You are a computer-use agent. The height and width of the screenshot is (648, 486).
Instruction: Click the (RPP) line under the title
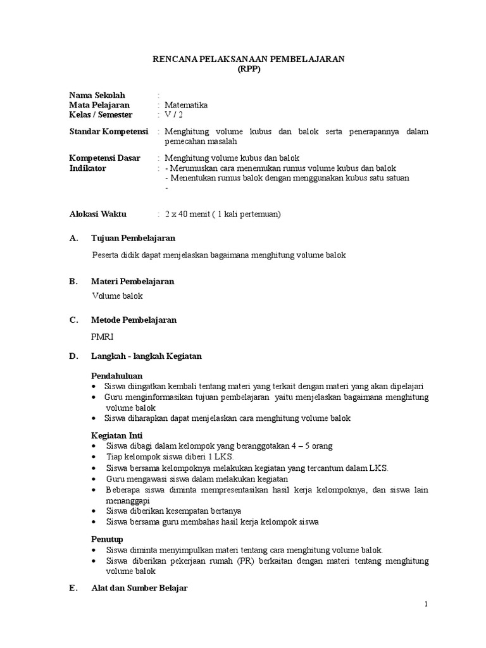pos(249,70)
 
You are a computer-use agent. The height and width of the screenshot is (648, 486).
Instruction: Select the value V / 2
pos(172,115)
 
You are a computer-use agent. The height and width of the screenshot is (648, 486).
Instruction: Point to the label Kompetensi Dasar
pos(104,158)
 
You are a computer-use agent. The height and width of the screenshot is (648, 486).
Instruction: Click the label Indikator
pos(87,168)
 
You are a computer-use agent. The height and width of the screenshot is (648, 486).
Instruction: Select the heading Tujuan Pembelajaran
pos(133,238)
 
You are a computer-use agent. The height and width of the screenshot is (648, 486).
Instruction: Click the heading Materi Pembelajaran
pos(133,281)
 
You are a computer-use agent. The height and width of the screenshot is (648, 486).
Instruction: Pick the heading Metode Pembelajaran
pos(134,320)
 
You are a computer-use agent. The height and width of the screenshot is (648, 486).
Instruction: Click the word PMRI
pos(103,337)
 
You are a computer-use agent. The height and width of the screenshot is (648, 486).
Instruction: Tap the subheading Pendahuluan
pos(118,375)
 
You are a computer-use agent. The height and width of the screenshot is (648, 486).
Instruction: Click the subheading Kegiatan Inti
pos(117,435)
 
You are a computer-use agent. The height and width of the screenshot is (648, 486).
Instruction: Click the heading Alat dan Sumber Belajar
pos(139,589)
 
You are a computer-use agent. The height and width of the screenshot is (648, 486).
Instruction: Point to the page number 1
pos(427,604)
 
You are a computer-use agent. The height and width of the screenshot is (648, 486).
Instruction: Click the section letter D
pos(72,356)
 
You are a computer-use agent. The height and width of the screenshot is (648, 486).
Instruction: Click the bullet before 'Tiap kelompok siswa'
pos(94,457)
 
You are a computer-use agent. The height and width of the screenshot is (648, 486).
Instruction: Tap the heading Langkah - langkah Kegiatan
pos(146,356)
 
